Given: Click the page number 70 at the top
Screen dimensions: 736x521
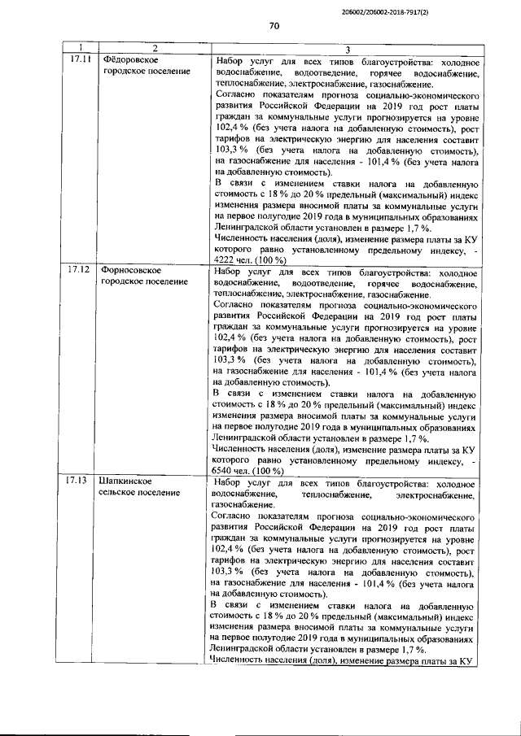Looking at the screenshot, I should pyautogui.click(x=274, y=26).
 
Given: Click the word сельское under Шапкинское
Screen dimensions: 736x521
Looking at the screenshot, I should pyautogui.click(x=120, y=493).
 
